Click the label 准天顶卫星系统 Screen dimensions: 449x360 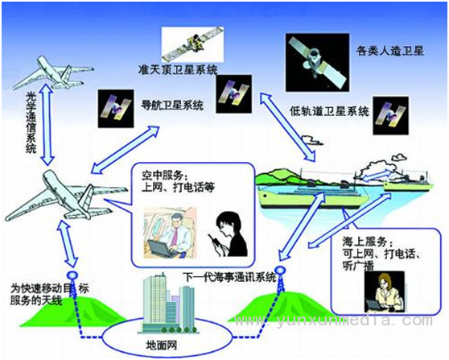pyautogui.click(x=178, y=69)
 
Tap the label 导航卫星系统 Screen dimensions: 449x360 pyautogui.click(x=172, y=105)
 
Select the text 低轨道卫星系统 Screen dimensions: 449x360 pyautogui.click(x=329, y=111)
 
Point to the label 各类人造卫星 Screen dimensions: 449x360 pyautogui.click(x=389, y=51)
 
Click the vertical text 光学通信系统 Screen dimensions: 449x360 pyautogui.click(x=31, y=122)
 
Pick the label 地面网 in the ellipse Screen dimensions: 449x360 pyautogui.click(x=161, y=345)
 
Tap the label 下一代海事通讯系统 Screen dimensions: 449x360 pyautogui.click(x=229, y=277)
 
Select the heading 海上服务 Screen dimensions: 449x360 pyautogui.click(x=365, y=242)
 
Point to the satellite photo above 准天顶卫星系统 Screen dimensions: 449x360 pyautogui.click(x=192, y=44)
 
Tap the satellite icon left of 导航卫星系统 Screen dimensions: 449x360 pyautogui.click(x=116, y=109)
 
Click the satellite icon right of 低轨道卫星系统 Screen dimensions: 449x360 pyautogui.click(x=390, y=115)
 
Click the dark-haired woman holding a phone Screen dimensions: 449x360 pyautogui.click(x=229, y=234)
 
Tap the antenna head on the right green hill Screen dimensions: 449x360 pyautogui.click(x=280, y=270)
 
